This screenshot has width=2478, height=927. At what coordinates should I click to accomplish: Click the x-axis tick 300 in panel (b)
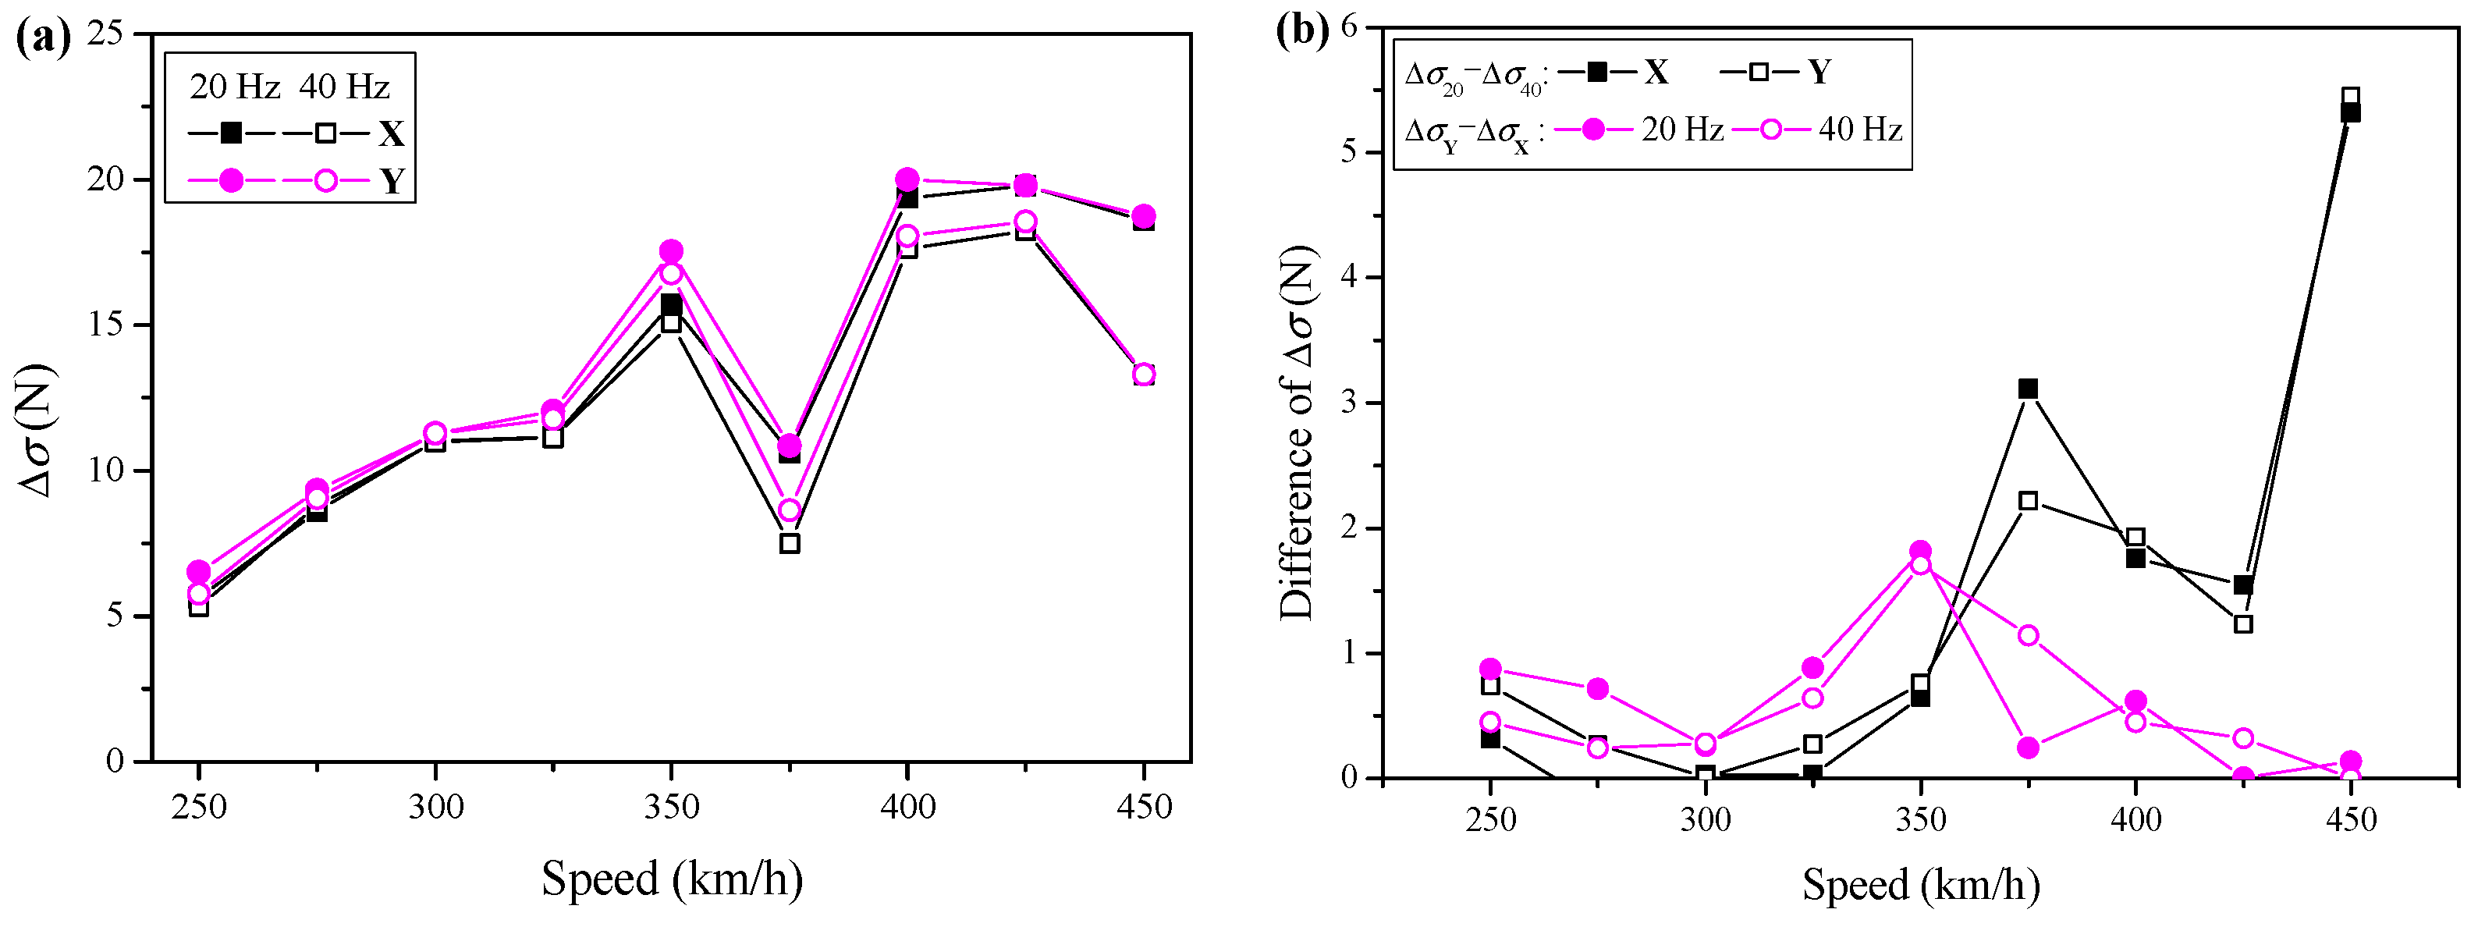coord(1706,820)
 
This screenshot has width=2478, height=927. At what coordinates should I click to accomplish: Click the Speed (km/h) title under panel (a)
coord(672,879)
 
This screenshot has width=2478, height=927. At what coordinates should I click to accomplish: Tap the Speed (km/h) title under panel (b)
coord(1920,885)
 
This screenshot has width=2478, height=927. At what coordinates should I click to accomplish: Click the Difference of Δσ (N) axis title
coord(1298,434)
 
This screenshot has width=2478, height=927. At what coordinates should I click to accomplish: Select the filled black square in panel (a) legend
coord(231,133)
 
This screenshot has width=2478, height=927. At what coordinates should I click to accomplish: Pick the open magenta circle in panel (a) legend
coord(326,179)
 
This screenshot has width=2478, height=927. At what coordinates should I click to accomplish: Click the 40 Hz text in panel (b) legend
coord(1859,129)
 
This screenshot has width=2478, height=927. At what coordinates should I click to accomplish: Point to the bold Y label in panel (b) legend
coord(1818,72)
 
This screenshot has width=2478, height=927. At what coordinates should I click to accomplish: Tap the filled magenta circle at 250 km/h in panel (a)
coord(199,571)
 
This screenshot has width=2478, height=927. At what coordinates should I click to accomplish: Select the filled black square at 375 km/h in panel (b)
coord(2028,389)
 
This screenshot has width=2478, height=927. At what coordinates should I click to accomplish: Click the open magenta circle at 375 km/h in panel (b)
coord(2028,636)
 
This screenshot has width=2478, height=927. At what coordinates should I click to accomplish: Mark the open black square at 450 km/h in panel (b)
coord(2350,96)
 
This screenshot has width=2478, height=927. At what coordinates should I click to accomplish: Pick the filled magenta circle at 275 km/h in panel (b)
coord(1598,688)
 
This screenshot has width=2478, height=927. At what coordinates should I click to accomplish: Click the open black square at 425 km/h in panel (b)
coord(2243,624)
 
